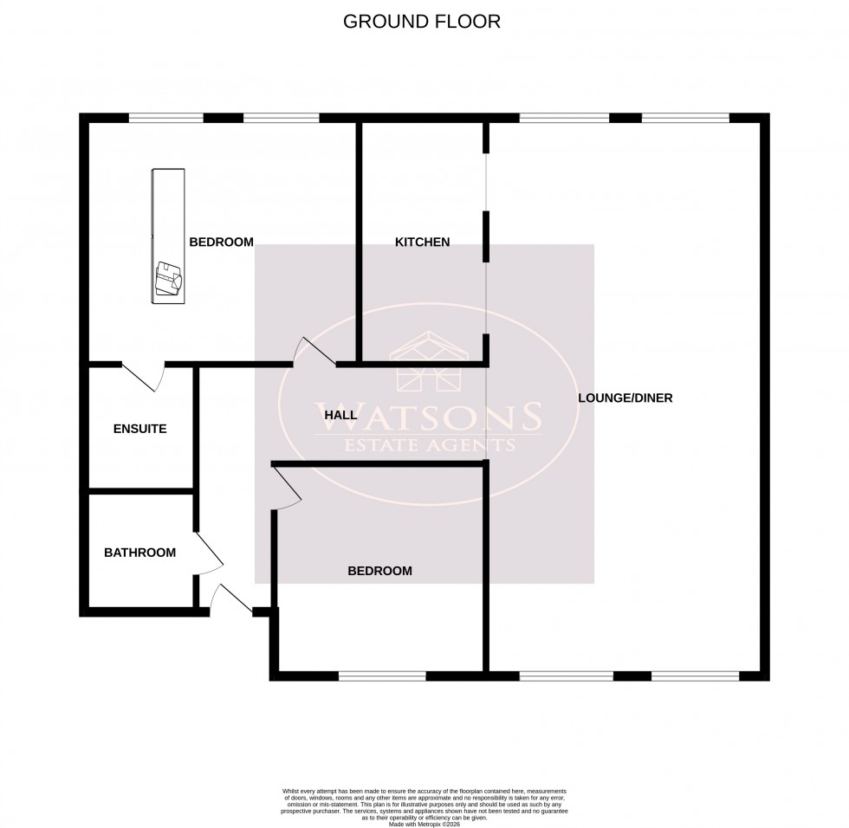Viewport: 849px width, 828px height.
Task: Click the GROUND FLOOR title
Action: pos(422,22)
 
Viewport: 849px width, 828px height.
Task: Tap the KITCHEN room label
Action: pos(422,243)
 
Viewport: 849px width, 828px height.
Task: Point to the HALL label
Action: pos(340,416)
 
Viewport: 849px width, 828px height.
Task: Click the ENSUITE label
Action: pos(139,429)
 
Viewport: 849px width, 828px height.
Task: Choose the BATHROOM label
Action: pos(139,553)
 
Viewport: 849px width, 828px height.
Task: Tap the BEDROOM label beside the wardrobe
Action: pos(221,243)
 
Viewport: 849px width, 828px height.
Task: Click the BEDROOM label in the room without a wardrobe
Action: pos(379,571)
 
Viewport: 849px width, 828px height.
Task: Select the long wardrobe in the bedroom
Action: pos(168,235)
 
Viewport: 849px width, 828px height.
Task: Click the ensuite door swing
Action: pos(144,378)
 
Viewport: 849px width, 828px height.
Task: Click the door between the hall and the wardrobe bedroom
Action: pos(314,351)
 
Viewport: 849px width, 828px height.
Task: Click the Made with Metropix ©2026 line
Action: pos(424,823)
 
